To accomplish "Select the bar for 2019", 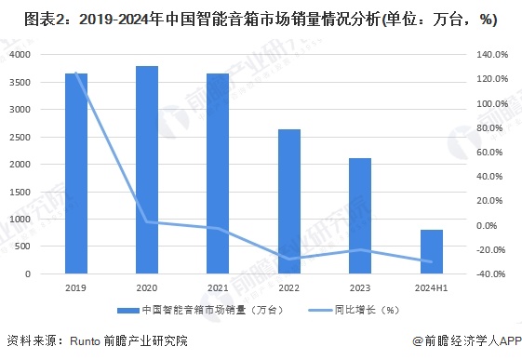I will (76, 174).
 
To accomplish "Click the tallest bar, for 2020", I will (147, 170).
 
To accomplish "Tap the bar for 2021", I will (218, 174).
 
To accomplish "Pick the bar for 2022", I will (289, 202).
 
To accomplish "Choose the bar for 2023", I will (360, 216).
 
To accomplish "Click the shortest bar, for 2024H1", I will (431, 252).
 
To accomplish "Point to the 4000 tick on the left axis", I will (20, 56).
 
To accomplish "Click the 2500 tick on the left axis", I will (20, 138).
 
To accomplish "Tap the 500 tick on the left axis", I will (23, 247).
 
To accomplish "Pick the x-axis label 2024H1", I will (431, 289).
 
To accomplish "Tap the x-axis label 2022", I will (289, 289).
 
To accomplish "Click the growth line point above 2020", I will (147, 221).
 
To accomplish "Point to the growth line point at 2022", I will (289, 259).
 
